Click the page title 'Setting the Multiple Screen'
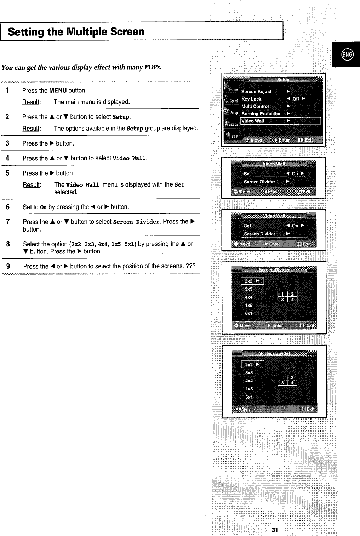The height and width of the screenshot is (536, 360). click(x=76, y=32)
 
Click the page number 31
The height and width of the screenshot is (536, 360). click(x=275, y=530)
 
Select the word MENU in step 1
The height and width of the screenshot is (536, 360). click(x=58, y=91)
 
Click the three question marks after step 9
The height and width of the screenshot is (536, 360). click(x=191, y=266)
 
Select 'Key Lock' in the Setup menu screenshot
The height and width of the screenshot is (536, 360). click(x=251, y=99)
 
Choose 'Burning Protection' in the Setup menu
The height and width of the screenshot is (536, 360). click(x=261, y=114)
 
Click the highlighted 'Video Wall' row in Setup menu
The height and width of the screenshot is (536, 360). click(x=253, y=121)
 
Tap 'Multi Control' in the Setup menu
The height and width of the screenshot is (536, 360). click(x=255, y=106)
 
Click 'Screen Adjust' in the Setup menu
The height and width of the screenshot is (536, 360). click(x=256, y=92)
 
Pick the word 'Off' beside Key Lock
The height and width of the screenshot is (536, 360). click(x=296, y=99)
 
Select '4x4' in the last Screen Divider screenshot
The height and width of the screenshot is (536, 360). click(x=249, y=381)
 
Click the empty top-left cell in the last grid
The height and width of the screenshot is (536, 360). click(x=282, y=377)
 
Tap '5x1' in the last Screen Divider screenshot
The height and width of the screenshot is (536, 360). click(x=249, y=397)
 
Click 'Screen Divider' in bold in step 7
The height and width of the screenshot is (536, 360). click(x=136, y=222)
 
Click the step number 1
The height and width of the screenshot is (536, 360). click(x=7, y=91)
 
